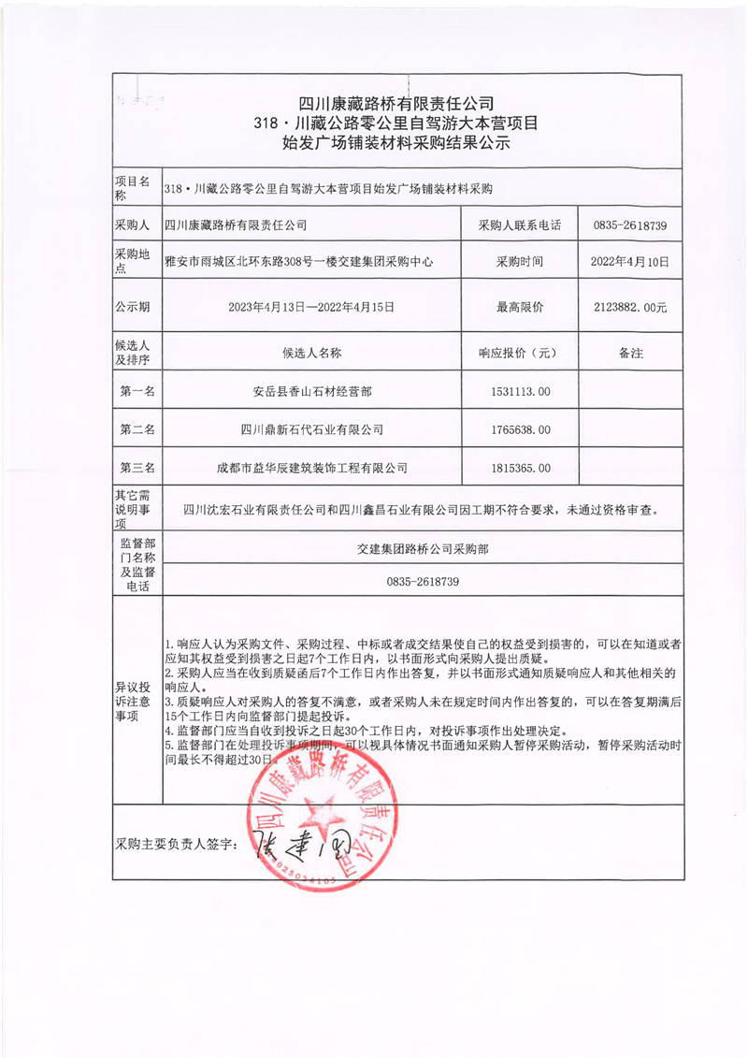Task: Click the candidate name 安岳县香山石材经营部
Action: pos(312,390)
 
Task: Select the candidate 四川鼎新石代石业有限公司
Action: pos(312,429)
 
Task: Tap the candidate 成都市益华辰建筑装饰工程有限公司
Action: pos(312,468)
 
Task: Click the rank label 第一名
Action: pos(137,390)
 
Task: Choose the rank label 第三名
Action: pos(137,468)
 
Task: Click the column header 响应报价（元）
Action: pos(518,354)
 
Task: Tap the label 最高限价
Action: pos(518,307)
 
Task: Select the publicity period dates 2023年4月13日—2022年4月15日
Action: pos(312,307)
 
